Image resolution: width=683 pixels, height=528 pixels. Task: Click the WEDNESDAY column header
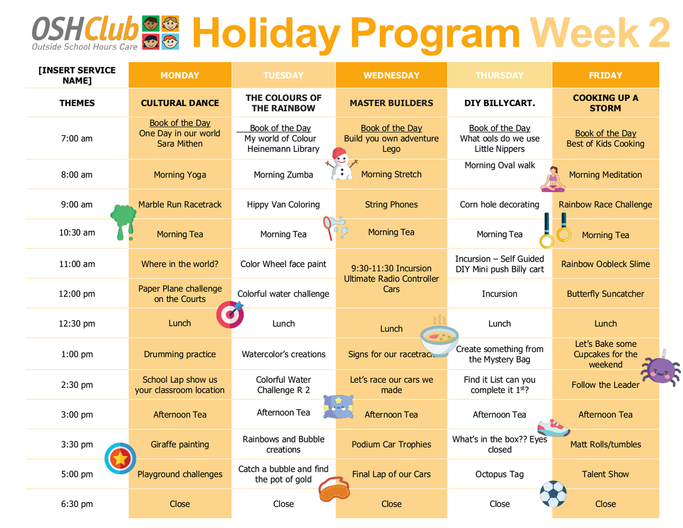pyautogui.click(x=392, y=75)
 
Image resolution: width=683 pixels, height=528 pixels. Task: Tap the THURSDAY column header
pyautogui.click(x=499, y=75)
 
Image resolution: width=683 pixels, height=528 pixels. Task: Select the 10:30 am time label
pyautogui.click(x=77, y=232)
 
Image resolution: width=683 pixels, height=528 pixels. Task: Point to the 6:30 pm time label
pyautogui.click(x=77, y=504)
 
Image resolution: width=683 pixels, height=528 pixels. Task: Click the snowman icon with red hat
pyautogui.click(x=341, y=163)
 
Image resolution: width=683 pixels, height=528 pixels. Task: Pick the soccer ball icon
pyautogui.click(x=553, y=494)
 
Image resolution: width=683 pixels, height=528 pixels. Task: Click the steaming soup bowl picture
pyautogui.click(x=439, y=337)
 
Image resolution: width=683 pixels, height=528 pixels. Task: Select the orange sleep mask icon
pyautogui.click(x=334, y=489)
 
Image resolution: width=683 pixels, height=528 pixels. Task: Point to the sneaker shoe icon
pyautogui.click(x=553, y=428)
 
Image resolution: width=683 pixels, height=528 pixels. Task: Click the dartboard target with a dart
pyautogui.click(x=230, y=314)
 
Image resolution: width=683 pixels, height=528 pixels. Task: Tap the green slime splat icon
pyautogui.click(x=123, y=222)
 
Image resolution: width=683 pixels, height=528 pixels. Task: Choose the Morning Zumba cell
pyautogui.click(x=283, y=174)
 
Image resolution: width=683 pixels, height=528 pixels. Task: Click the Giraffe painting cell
pyautogui.click(x=180, y=444)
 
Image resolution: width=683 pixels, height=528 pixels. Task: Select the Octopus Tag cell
pyautogui.click(x=499, y=474)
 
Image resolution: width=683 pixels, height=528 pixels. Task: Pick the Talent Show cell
pyautogui.click(x=606, y=474)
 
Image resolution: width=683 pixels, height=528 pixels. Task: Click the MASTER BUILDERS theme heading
pyautogui.click(x=392, y=103)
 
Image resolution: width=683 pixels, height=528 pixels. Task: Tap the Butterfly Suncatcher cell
pyautogui.click(x=606, y=294)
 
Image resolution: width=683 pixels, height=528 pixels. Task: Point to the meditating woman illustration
pyautogui.click(x=553, y=179)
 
